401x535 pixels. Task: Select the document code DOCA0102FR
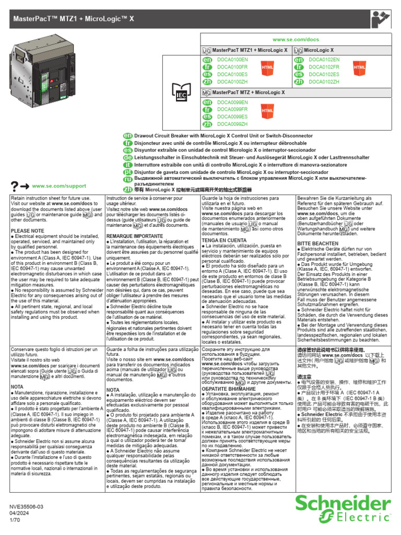coord(324,67)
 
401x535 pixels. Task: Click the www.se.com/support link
coord(52,186)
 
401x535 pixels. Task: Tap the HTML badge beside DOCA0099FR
coord(267,111)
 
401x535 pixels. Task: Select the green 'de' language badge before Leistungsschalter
coord(126,157)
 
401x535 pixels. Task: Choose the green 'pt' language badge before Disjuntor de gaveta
coord(126,172)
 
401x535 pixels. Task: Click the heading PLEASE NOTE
coord(27,230)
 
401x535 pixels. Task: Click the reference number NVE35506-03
coord(27,506)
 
